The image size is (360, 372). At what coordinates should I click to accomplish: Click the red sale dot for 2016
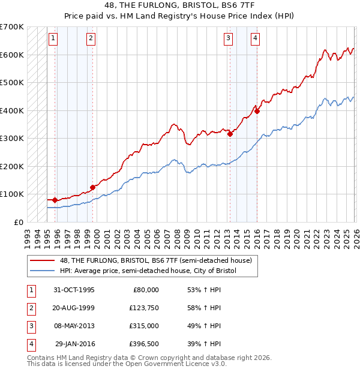point(257,111)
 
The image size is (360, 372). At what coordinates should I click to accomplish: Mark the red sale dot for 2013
point(230,134)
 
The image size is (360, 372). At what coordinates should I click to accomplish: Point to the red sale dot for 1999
point(93,187)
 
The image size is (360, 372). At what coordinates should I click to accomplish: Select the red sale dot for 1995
point(55,200)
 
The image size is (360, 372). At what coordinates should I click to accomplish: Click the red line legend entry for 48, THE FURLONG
point(144,260)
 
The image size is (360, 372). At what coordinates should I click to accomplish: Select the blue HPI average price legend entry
point(144,271)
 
